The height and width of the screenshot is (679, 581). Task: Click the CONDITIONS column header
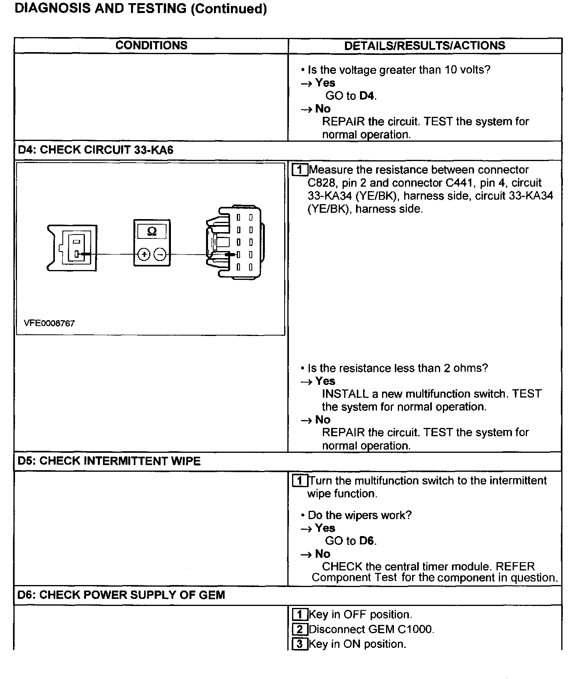tap(151, 45)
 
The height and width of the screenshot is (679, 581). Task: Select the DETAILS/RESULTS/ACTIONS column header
tap(424, 45)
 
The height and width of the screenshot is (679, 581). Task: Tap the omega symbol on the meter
tap(152, 231)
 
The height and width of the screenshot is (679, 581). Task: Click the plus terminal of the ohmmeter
tap(144, 255)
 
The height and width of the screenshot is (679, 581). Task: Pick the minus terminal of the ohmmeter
tap(160, 255)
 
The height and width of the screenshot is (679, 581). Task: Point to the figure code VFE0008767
tap(49, 323)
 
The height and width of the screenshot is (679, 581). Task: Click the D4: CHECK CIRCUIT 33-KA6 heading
tap(96, 150)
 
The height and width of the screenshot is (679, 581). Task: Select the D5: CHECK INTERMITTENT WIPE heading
tap(109, 461)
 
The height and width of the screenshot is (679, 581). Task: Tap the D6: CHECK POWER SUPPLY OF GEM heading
tap(121, 595)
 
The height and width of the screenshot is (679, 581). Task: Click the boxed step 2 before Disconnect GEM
tap(300, 629)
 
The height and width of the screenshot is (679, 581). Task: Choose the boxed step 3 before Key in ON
tap(300, 644)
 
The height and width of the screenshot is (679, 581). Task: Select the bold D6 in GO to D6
tap(367, 541)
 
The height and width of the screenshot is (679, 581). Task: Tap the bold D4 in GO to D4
tap(367, 96)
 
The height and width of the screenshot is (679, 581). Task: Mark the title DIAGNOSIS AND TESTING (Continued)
tap(141, 9)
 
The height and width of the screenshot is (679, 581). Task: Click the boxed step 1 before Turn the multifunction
tap(300, 481)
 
